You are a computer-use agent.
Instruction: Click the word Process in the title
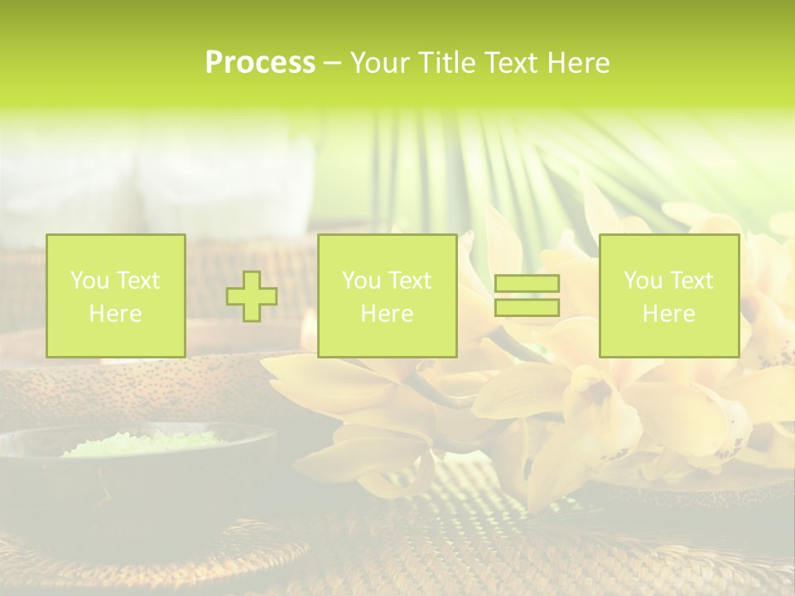[x=260, y=63]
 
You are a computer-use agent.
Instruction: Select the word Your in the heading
[x=381, y=63]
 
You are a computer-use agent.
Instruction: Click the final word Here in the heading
[x=578, y=63]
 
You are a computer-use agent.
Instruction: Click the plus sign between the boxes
[x=252, y=296]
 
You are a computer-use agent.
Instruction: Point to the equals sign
[x=527, y=296]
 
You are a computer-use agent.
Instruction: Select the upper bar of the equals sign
[x=527, y=284]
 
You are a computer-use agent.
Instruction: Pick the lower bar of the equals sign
[x=527, y=307]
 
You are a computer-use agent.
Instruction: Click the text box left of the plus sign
[x=116, y=296]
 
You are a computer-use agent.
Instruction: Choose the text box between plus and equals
[x=387, y=296]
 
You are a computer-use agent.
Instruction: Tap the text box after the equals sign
[x=668, y=296]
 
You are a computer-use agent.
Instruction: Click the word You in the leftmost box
[x=88, y=281]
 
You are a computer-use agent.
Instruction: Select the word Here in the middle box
[x=387, y=313]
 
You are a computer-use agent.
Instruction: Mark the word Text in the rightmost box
[x=689, y=281]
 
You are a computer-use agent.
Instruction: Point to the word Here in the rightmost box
[x=668, y=313]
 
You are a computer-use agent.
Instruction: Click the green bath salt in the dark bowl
[x=141, y=445]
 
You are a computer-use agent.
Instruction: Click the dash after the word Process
[x=333, y=63]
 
